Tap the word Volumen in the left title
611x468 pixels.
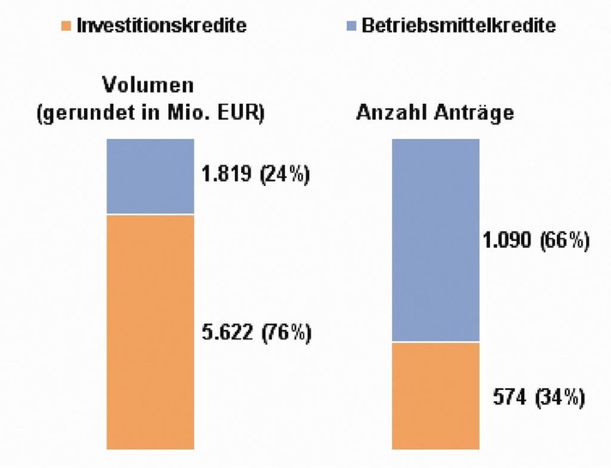[147, 86]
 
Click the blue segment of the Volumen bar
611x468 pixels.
[150, 177]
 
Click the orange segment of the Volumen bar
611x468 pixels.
[150, 331]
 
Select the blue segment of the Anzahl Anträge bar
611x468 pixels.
[435, 240]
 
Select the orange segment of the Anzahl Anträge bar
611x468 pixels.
[435, 395]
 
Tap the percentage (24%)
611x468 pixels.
[284, 176]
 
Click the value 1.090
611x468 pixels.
[508, 241]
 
